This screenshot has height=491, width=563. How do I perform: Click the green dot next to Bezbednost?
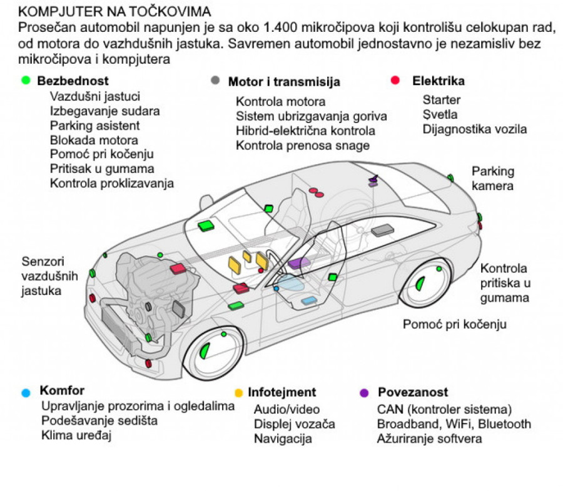26,81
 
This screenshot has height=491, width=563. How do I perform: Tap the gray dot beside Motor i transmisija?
215,81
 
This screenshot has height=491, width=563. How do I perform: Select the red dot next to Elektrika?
395,81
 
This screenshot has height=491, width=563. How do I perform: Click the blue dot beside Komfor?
26,393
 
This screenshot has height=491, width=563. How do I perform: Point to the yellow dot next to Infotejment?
238,393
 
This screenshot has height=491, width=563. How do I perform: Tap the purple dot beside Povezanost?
364,393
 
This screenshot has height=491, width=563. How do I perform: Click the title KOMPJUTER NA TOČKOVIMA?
114,12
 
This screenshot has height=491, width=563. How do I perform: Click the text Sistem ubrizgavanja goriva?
311,116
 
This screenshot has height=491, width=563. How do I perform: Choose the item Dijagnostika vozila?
474,129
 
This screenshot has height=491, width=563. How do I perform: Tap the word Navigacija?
282,439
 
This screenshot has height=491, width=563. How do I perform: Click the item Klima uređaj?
76,435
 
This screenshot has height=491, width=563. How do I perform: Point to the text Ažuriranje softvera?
429,439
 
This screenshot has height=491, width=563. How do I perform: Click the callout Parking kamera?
492,178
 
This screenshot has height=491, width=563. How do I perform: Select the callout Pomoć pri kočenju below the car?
454,324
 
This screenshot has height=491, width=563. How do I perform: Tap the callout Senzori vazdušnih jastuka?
43,276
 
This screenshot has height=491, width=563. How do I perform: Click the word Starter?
441,100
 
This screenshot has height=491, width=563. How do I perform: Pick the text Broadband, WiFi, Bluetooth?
454,424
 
